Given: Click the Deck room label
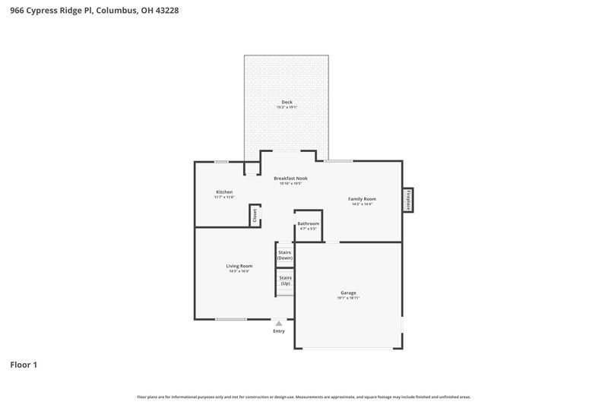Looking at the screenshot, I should tap(287, 102).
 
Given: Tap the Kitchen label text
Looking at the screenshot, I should tap(224, 192).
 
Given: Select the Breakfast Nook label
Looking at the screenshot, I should tap(290, 178).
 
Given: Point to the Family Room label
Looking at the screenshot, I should tap(363, 199).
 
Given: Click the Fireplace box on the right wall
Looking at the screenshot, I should tap(408, 200).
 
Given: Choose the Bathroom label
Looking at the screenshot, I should tap(308, 223).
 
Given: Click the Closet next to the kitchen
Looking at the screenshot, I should tap(255, 215).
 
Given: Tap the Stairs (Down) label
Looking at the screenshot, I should tap(285, 255).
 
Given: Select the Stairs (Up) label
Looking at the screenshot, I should tap(285, 280).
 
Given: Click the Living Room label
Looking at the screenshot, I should tap(239, 266).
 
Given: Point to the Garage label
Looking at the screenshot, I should tap(348, 293).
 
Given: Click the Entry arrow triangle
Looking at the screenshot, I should tap(279, 324).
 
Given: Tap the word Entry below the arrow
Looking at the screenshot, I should tap(279, 331).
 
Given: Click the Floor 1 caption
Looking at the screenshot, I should tap(24, 365).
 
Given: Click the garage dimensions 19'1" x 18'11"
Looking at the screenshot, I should tap(348, 298).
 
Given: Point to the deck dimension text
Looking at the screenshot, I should tap(287, 107).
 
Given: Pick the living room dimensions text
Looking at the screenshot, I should tap(239, 271).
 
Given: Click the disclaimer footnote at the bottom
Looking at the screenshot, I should tap(304, 397).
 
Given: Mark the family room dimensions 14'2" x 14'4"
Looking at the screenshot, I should tap(363, 204).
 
